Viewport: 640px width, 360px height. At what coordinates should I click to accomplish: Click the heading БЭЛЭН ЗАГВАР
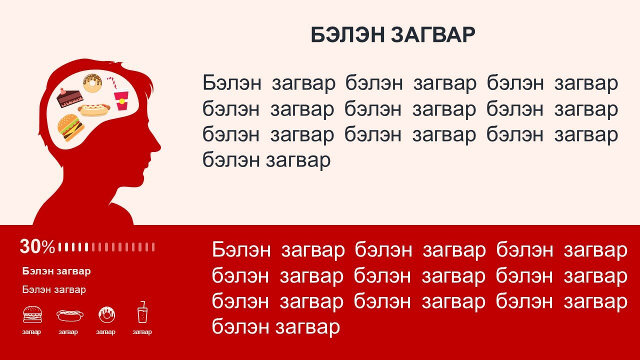393,35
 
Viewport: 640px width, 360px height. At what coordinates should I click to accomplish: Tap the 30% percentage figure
37,246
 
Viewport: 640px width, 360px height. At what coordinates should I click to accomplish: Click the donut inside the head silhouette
92,83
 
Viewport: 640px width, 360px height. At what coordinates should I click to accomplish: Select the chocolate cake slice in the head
69,97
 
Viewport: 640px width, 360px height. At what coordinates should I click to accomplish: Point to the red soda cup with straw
120,95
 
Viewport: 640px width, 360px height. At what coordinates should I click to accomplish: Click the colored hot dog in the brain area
94,110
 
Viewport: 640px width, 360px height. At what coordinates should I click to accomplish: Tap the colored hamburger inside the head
71,127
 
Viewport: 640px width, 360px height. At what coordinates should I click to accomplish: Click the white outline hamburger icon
32,314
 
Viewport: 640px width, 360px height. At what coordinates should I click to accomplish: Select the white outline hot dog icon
70,315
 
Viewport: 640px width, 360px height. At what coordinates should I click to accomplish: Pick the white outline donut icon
106,314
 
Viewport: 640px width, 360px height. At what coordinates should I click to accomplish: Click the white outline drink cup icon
142,312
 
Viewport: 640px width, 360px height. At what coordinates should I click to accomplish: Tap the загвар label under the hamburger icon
31,332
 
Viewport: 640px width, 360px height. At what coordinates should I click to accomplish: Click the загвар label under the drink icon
142,332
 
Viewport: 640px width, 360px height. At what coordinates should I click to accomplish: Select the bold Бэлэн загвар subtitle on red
56,271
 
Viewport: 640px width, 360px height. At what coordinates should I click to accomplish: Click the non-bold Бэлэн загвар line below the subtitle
54,289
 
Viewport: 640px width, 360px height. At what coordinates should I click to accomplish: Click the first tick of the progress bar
59,247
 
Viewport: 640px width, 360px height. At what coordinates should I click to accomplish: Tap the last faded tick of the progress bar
153,247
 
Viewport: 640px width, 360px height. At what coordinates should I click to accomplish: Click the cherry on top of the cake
62,91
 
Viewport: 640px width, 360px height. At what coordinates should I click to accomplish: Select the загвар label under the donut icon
105,332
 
